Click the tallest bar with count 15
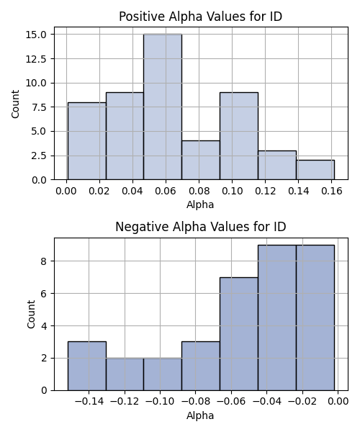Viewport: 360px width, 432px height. tap(163, 107)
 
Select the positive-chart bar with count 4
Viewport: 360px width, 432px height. tap(201, 161)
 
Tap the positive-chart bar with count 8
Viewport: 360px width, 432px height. tap(87, 141)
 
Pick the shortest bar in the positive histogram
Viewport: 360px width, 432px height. tap(315, 170)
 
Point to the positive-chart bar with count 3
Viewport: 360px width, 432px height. tap(277, 166)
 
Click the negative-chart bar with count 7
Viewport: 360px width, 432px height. tap(239, 334)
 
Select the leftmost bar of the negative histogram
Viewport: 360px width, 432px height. tap(87, 366)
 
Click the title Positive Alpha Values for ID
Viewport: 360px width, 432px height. tap(201, 17)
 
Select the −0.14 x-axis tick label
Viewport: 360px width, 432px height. tap(89, 402)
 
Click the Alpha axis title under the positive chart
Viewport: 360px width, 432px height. tap(200, 204)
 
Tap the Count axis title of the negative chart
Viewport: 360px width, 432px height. tap(31, 314)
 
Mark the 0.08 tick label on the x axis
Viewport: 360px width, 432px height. tap(199, 191)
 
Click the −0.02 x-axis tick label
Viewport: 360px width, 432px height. tap(302, 402)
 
